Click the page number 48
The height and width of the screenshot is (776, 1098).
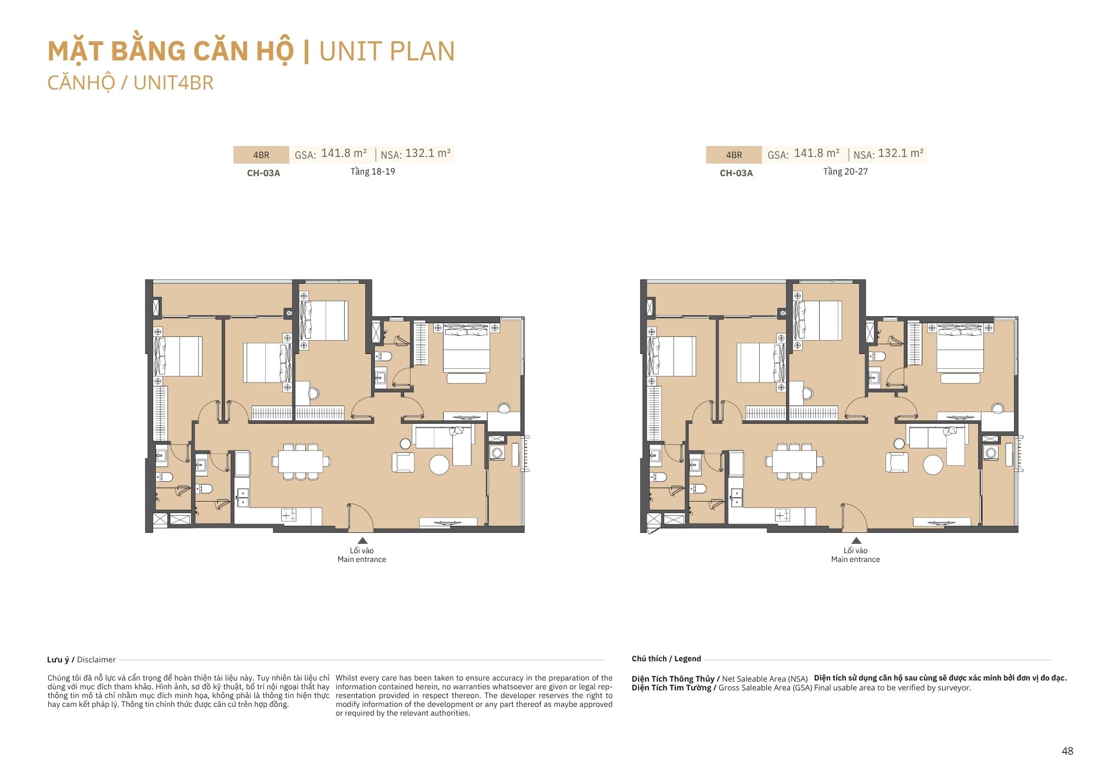click(1067, 751)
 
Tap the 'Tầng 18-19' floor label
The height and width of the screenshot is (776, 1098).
click(373, 172)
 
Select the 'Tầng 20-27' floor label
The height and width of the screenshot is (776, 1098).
click(845, 172)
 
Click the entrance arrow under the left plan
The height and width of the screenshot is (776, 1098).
click(362, 541)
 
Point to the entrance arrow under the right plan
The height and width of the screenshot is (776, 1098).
click(856, 541)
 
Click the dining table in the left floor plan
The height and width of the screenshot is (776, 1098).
click(301, 462)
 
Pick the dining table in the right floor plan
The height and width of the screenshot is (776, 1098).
click(794, 462)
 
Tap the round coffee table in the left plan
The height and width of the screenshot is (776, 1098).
click(439, 465)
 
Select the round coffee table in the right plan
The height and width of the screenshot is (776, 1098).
click(933, 465)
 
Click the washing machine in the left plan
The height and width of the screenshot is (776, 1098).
click(497, 453)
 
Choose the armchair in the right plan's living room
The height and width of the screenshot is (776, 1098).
click(897, 462)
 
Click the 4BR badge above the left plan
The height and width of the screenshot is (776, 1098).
click(261, 155)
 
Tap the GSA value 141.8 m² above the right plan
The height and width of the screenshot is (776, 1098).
click(817, 153)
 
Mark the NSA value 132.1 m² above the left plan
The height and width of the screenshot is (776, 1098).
click(428, 153)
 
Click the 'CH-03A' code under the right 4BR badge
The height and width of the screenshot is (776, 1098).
click(736, 173)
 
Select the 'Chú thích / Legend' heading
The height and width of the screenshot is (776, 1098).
click(666, 659)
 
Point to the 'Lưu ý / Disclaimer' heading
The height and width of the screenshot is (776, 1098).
click(81, 660)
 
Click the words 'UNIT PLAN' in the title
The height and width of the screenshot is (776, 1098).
click(387, 52)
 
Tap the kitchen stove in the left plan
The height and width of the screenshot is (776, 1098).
click(289, 515)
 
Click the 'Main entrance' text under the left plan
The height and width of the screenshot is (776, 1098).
click(362, 559)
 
